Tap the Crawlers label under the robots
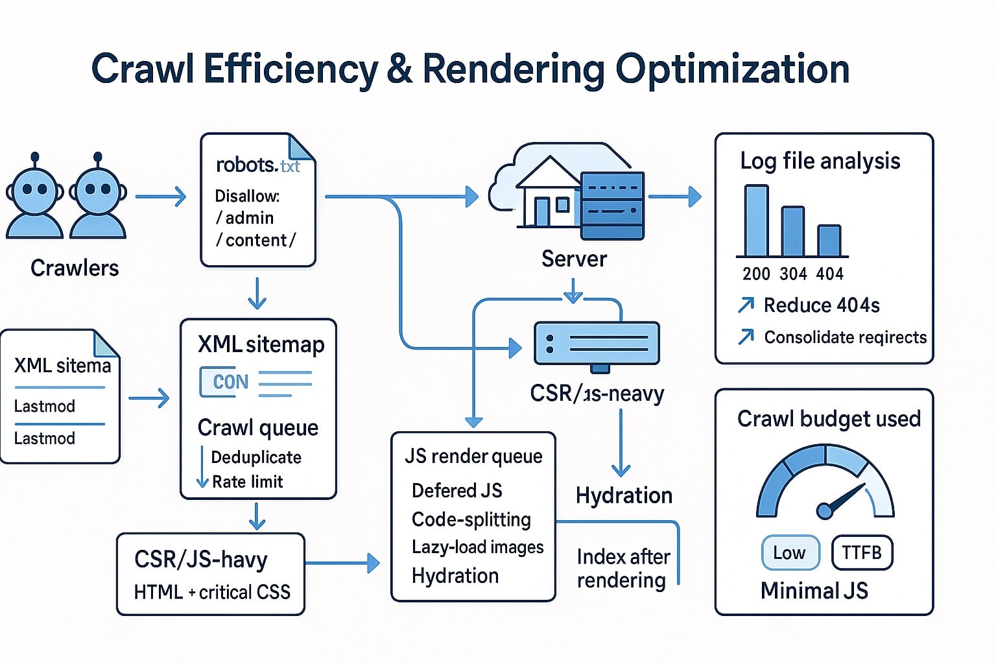(75, 268)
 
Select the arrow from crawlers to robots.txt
(160, 196)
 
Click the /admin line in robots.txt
(244, 218)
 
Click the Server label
(574, 259)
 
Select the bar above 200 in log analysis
(756, 220)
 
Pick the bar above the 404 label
(829, 241)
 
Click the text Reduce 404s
(821, 305)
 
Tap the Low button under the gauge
(790, 552)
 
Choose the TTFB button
(861, 552)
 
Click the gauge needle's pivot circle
(824, 511)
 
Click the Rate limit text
(247, 482)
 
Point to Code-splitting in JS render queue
(471, 519)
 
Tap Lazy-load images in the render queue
(477, 547)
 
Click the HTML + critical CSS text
(212, 592)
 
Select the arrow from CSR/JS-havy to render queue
(342, 563)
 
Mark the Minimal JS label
(814, 591)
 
